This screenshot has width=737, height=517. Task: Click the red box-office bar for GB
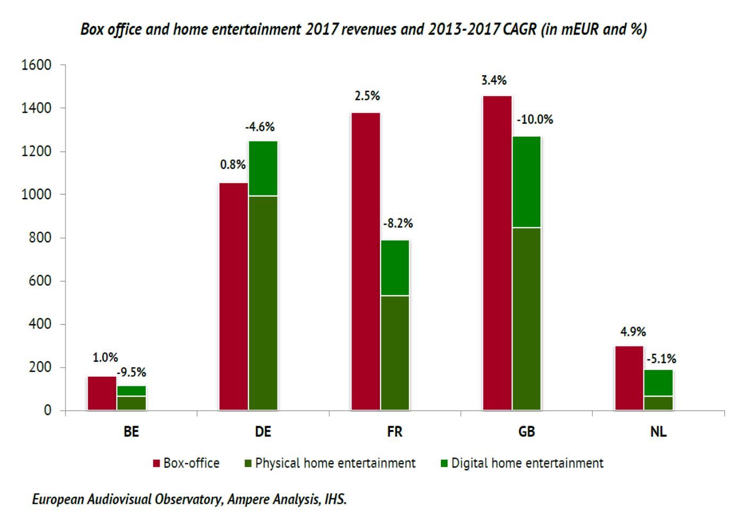pos(497,253)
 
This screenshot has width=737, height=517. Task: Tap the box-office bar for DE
pos(234,296)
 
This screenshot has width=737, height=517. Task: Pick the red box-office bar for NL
pos(629,378)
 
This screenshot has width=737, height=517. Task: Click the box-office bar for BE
pos(102,393)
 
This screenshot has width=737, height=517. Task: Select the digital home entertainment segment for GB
pos(527,182)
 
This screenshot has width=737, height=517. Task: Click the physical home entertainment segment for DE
pos(263,303)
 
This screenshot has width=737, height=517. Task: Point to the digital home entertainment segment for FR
pos(395,268)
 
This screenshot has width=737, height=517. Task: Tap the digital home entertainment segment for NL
pos(658,383)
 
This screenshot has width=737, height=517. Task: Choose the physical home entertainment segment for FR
pos(395,352)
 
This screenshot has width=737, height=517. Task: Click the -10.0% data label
pos(535,120)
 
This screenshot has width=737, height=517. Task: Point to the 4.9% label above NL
pos(633,332)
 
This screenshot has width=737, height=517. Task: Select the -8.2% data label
pos(398,223)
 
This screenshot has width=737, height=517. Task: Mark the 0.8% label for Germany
pos(233,165)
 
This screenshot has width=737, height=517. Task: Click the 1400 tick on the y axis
pos(36,108)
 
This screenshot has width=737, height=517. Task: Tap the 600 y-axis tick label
pos(40,281)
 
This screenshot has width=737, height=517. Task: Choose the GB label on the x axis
pos(526,431)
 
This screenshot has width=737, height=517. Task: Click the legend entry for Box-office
pos(186,463)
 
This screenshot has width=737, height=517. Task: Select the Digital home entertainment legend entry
pos(522,463)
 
